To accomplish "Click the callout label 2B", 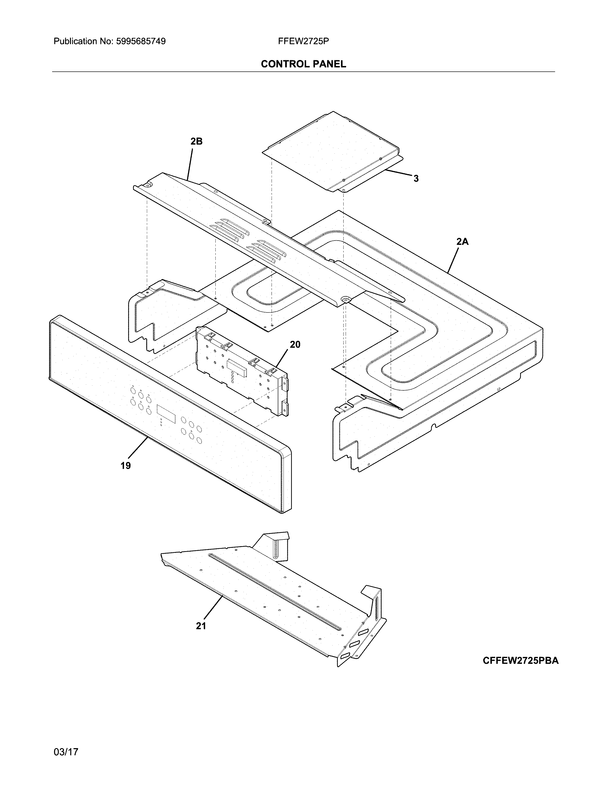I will point(196,142).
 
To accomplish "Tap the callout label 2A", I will point(463,242).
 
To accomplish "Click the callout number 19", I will point(125,466).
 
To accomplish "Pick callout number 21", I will point(201,626).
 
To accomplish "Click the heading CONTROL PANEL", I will point(303,64).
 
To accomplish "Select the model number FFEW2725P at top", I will point(303,41).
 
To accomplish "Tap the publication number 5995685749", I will point(141,41).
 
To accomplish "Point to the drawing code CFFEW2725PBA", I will point(520,660).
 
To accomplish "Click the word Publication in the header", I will point(75,41).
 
